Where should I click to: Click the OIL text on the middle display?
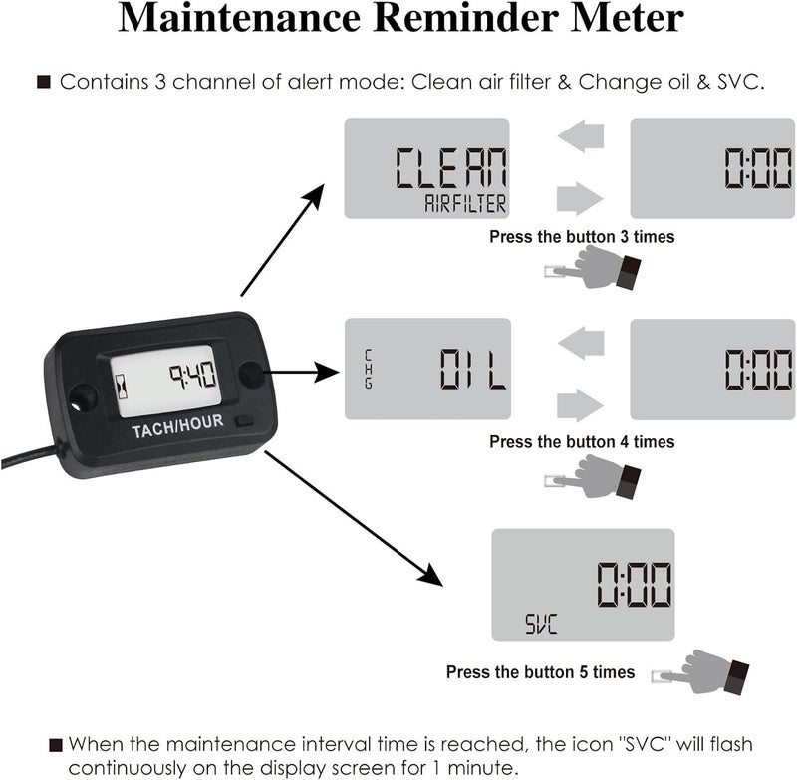point(473,370)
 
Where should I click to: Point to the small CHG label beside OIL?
point(368,368)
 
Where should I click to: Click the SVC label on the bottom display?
point(541,625)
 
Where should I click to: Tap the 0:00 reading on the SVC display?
point(633,584)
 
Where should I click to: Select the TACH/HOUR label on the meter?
point(177,423)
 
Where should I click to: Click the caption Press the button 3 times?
point(582,237)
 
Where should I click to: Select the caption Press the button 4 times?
point(583,441)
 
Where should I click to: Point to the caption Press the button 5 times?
point(540,672)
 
